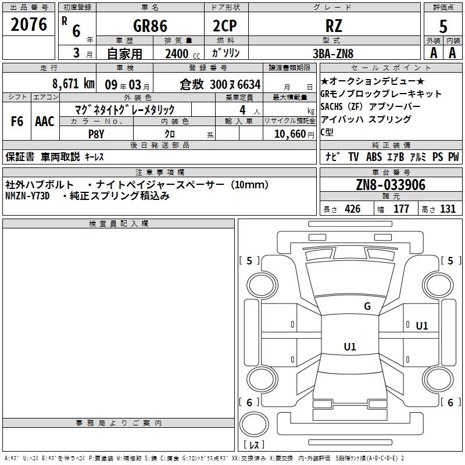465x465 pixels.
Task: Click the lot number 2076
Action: coord(28,24)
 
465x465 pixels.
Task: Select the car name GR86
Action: coord(150,26)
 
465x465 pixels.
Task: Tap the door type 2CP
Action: coord(225,26)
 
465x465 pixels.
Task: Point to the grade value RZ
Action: coord(334,26)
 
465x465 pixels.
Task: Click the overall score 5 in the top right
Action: coord(443,27)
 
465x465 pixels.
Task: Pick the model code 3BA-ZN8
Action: coord(333,53)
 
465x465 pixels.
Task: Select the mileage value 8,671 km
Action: coord(73,84)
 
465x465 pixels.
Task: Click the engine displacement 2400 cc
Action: coord(183,53)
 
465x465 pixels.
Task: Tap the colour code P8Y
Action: coord(96,134)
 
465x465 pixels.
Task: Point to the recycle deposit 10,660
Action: coord(290,134)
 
